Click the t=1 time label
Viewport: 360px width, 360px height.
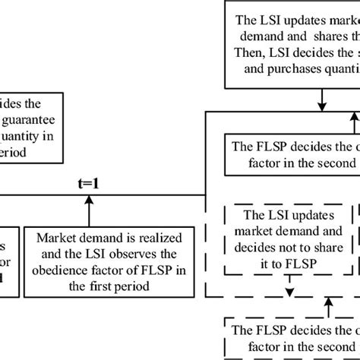tap(90, 183)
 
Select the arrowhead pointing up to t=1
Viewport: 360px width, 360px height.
tap(90, 199)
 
